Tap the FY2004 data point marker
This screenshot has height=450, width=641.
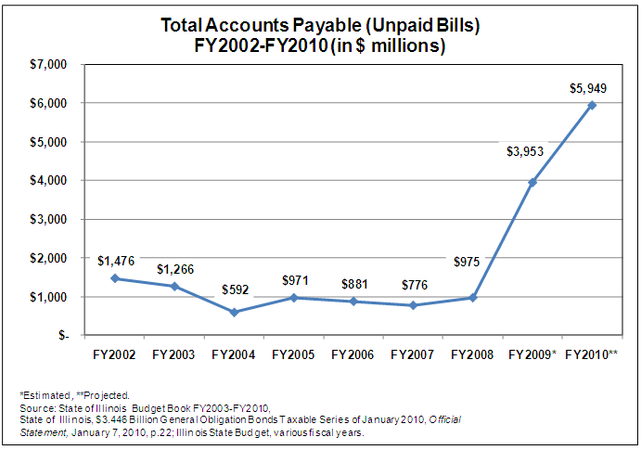[x=235, y=312]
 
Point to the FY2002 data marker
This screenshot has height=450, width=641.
[x=115, y=278]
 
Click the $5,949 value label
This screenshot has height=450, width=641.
[x=589, y=88]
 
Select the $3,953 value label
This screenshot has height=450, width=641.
[x=525, y=151]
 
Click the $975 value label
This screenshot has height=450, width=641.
[x=466, y=262]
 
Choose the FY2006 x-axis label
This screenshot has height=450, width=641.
[x=353, y=354]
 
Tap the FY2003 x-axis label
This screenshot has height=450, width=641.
[x=174, y=354]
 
